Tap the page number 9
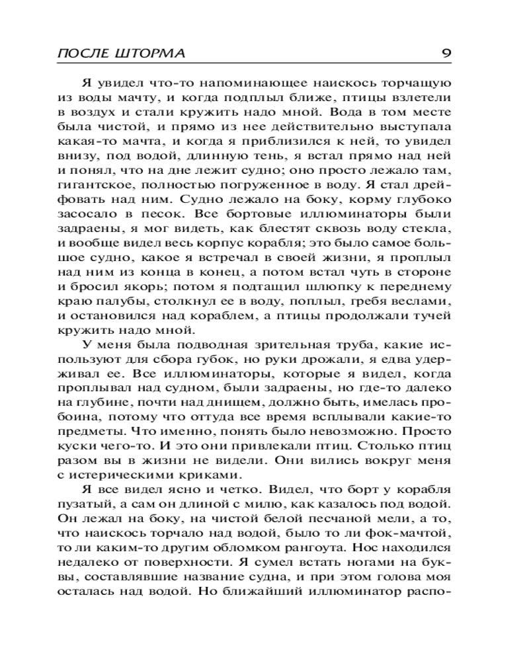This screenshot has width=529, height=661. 446,52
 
